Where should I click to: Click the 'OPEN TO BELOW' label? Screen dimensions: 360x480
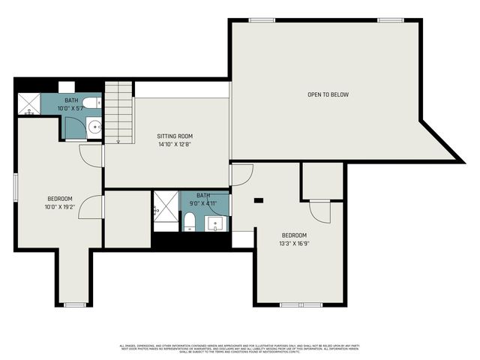pos(328,94)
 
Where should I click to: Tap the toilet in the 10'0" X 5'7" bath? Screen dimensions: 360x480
pos(89,104)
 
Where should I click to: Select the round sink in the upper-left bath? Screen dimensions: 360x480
pos(94,127)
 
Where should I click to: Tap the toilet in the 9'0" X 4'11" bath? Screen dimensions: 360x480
pos(189,221)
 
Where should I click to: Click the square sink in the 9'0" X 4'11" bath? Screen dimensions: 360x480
pos(217,223)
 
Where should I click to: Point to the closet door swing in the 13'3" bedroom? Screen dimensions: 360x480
pos(320,211)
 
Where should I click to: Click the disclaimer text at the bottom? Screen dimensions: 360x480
pos(240,349)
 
